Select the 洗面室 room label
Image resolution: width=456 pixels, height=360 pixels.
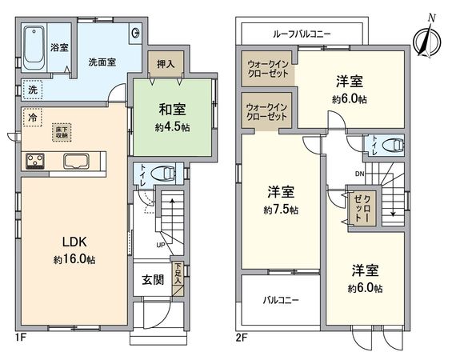coord(102,61)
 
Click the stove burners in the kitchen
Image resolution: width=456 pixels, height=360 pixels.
coord(35,160)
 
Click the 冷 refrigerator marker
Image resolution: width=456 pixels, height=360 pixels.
coord(31,117)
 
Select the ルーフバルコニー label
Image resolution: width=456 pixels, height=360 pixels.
coord(302,34)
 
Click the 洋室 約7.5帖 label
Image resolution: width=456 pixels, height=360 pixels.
coord(281,200)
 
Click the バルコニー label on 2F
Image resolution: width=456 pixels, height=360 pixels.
coord(281,301)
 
